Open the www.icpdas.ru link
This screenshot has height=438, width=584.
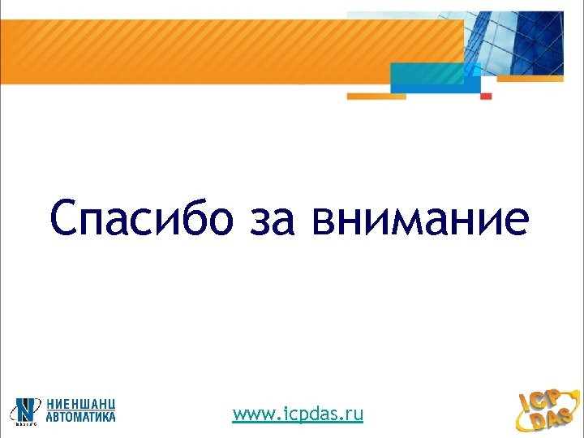pyautogui.click(x=298, y=415)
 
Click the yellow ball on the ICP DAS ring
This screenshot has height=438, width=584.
pyautogui.click(x=576, y=391)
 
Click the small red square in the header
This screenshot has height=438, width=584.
pyautogui.click(x=486, y=96)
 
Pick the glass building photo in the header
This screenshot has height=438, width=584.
pyautogui.click(x=519, y=41)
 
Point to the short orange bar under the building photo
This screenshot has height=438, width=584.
pyautogui.click(x=530, y=79)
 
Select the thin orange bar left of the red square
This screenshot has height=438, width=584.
pyautogui.click(x=376, y=96)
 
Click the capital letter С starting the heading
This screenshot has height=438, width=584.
pyautogui.click(x=66, y=220)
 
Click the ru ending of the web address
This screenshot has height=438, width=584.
pyautogui.click(x=354, y=415)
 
